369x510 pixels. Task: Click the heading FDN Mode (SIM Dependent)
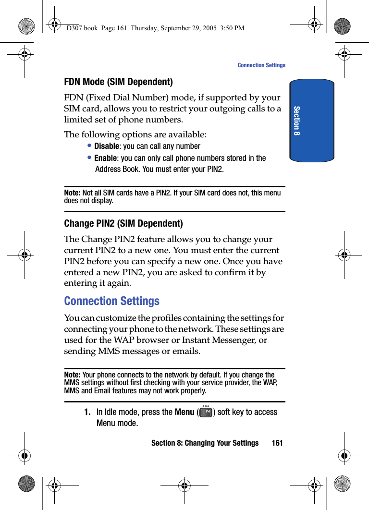(x=118, y=82)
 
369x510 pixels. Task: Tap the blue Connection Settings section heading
(x=111, y=301)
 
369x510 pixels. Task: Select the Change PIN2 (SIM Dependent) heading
(x=123, y=223)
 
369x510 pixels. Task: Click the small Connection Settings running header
(x=261, y=65)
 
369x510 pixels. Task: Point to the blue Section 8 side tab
(x=311, y=121)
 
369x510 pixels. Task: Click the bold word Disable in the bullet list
(x=106, y=146)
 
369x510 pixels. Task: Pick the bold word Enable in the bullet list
(x=105, y=158)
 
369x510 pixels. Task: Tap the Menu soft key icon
(x=206, y=412)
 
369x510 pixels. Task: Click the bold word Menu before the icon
(x=184, y=412)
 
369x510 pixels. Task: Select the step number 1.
(x=87, y=412)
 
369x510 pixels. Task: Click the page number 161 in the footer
(x=277, y=443)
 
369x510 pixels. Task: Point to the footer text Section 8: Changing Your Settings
(x=205, y=443)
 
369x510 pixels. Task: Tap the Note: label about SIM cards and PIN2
(x=73, y=193)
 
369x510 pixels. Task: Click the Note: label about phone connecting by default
(x=73, y=375)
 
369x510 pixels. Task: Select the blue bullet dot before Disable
(x=90, y=146)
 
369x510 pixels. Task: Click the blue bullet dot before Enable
(x=90, y=158)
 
